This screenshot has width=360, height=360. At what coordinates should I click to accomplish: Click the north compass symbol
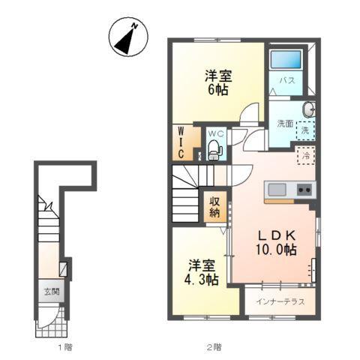tap(125, 37)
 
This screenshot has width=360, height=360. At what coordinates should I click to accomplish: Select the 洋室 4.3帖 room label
tap(202, 272)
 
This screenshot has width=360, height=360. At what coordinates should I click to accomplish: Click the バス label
tap(286, 79)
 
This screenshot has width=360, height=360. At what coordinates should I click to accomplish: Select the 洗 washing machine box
tap(305, 130)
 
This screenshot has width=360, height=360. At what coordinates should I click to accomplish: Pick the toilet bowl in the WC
tap(216, 149)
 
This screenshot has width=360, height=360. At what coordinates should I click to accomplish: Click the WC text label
tap(215, 133)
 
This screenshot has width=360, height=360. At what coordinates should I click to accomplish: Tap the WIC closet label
tap(181, 142)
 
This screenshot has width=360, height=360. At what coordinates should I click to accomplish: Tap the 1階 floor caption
tap(64, 347)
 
